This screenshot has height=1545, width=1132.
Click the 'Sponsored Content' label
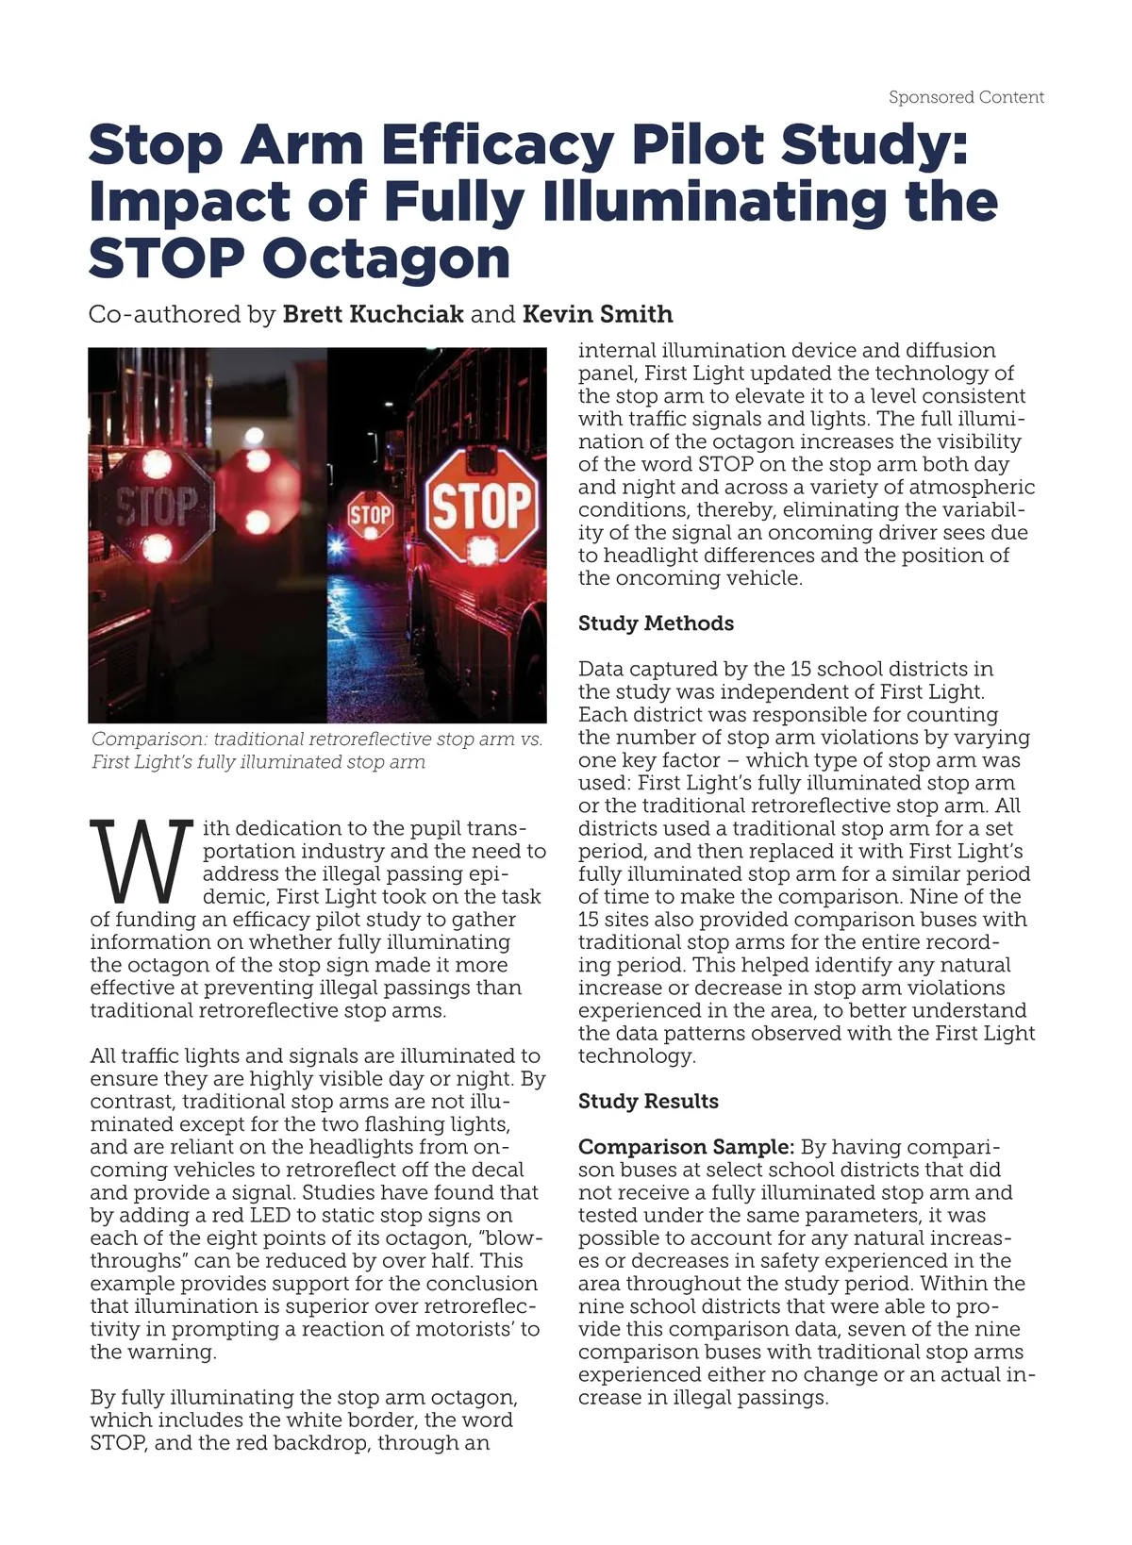pyautogui.click(x=966, y=97)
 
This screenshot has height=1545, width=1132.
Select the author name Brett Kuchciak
pyautogui.click(x=373, y=314)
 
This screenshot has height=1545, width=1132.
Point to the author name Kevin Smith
pyautogui.click(x=597, y=314)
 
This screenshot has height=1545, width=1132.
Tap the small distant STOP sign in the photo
pyautogui.click(x=370, y=514)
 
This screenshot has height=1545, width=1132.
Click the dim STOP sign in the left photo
pyautogui.click(x=157, y=507)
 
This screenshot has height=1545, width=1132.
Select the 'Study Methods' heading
pyautogui.click(x=656, y=623)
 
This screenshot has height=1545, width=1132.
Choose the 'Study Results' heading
pyautogui.click(x=648, y=1102)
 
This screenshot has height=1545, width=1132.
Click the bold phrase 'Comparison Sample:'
pyautogui.click(x=686, y=1147)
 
